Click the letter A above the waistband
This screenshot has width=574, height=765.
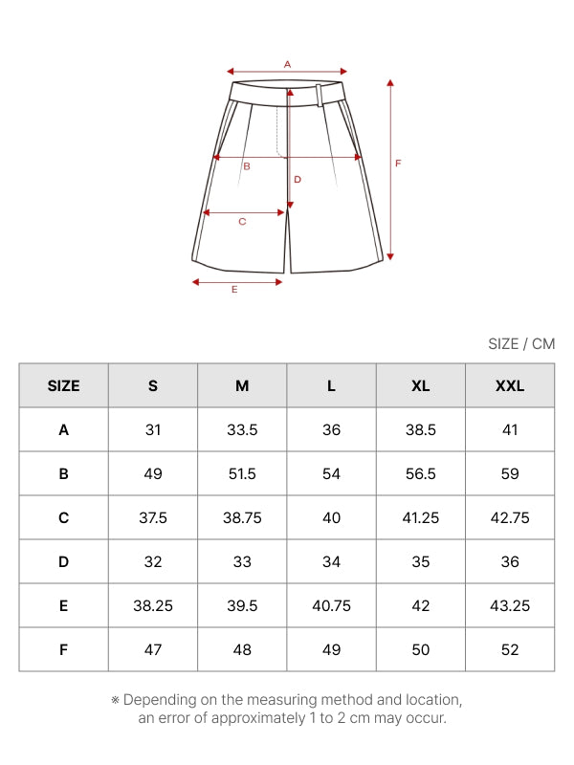click(288, 64)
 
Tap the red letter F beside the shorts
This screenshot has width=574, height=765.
click(398, 164)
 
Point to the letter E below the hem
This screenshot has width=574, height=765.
click(234, 290)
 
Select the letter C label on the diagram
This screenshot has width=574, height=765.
click(242, 222)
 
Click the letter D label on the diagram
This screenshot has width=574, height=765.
click(298, 180)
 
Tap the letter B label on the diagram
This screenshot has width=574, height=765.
click(247, 166)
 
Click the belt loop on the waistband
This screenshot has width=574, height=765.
click(320, 95)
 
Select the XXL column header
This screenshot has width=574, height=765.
click(510, 386)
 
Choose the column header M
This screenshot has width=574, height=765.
click(242, 386)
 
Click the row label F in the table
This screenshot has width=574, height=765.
click(63, 650)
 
